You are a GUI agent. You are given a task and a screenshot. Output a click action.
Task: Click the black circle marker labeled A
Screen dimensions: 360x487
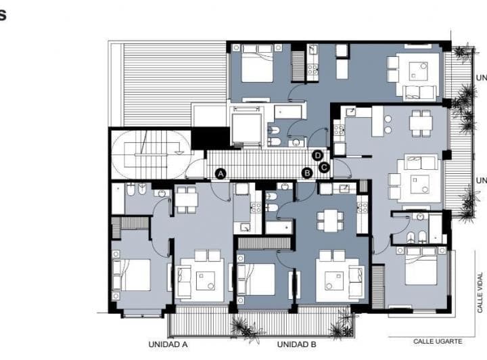(220, 174)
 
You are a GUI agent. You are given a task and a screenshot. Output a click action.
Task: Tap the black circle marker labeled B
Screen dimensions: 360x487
(306, 173)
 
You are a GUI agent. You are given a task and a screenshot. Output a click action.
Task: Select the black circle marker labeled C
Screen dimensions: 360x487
(324, 167)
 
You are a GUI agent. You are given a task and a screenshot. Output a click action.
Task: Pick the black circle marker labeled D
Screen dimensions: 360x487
(317, 155)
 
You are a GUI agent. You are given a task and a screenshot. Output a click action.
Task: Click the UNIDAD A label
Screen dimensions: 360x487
(168, 344)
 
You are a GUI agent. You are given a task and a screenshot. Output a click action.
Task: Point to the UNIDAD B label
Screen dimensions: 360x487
(296, 344)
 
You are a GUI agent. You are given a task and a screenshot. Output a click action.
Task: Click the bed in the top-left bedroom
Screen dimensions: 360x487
(257, 66)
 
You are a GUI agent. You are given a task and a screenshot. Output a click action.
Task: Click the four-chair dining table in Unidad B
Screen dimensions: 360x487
(330, 221)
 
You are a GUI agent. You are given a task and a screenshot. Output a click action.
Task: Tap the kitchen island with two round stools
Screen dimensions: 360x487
(377, 122)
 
